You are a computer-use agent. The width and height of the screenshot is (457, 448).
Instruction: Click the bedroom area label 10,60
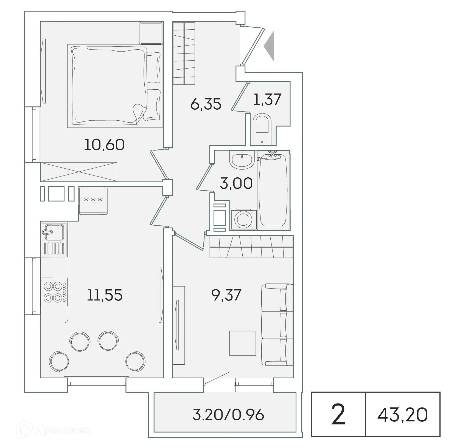[104, 144]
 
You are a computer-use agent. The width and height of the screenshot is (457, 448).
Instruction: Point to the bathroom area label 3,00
[236, 183]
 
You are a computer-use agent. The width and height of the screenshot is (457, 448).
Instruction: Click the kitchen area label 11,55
[105, 295]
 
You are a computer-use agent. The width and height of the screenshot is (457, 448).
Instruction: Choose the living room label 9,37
[226, 295]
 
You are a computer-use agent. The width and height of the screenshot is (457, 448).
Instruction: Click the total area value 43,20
[402, 414]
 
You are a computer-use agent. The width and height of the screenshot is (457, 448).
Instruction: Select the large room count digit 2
[338, 415]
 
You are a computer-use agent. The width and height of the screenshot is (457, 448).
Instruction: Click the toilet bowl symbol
[262, 129]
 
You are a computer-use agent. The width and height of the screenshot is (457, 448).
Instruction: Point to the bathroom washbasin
[241, 160]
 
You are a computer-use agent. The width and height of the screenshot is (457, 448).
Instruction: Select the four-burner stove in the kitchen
[54, 292]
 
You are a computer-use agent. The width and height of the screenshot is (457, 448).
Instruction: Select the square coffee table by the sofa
[242, 343]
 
